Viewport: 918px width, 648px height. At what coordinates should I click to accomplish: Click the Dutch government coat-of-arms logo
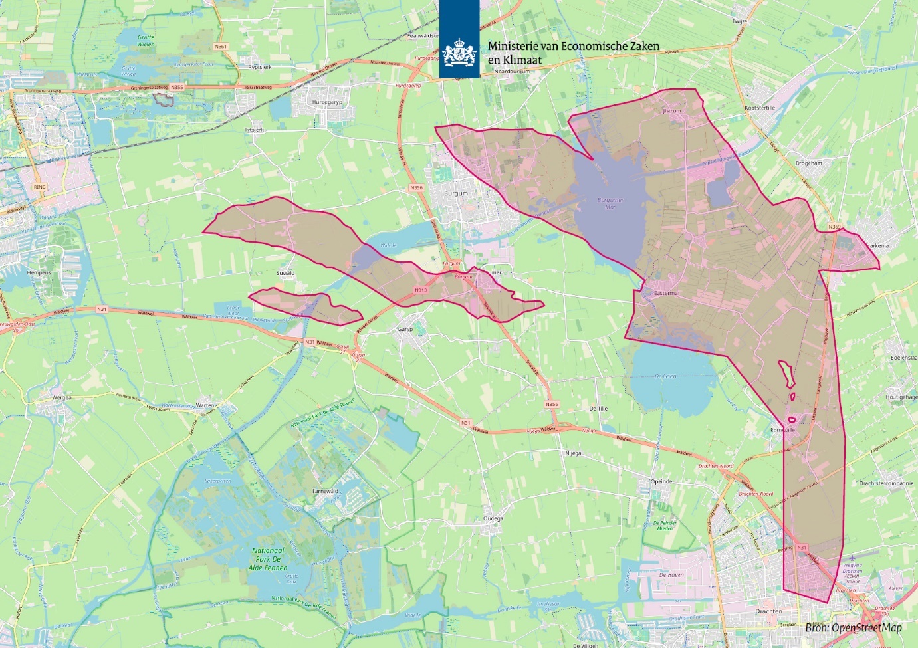click(x=459, y=53)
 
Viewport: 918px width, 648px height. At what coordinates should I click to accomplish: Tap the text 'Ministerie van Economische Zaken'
click(x=574, y=46)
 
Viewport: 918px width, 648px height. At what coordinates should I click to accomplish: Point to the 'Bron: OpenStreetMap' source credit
click(x=853, y=628)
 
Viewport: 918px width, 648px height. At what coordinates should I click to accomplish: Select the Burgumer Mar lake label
click(x=610, y=203)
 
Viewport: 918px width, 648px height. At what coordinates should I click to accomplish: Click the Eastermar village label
click(x=667, y=293)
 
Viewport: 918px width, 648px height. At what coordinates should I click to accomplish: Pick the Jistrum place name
click(x=672, y=111)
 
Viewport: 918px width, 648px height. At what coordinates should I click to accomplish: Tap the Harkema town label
click(x=877, y=245)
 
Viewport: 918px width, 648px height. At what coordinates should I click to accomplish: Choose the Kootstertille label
click(x=760, y=108)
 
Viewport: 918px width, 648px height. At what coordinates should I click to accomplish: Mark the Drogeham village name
click(x=808, y=163)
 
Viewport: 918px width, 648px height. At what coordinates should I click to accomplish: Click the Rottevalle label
click(x=782, y=430)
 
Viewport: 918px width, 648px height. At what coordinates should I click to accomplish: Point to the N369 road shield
click(x=834, y=227)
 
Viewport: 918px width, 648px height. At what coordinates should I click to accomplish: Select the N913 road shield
click(x=421, y=290)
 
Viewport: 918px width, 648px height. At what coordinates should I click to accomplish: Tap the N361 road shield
click(x=221, y=47)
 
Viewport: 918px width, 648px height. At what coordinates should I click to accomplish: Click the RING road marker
click(x=40, y=187)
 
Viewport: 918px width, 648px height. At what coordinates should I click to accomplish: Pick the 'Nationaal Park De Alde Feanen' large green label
click(x=269, y=559)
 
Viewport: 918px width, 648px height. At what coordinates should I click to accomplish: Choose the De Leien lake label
click(x=665, y=376)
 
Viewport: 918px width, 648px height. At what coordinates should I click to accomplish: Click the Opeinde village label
click(x=661, y=481)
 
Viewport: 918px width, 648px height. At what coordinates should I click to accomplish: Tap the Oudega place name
click(x=493, y=518)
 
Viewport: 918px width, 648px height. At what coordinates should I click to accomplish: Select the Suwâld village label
click(x=285, y=273)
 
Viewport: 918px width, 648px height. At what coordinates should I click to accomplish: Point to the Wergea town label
click(x=62, y=397)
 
